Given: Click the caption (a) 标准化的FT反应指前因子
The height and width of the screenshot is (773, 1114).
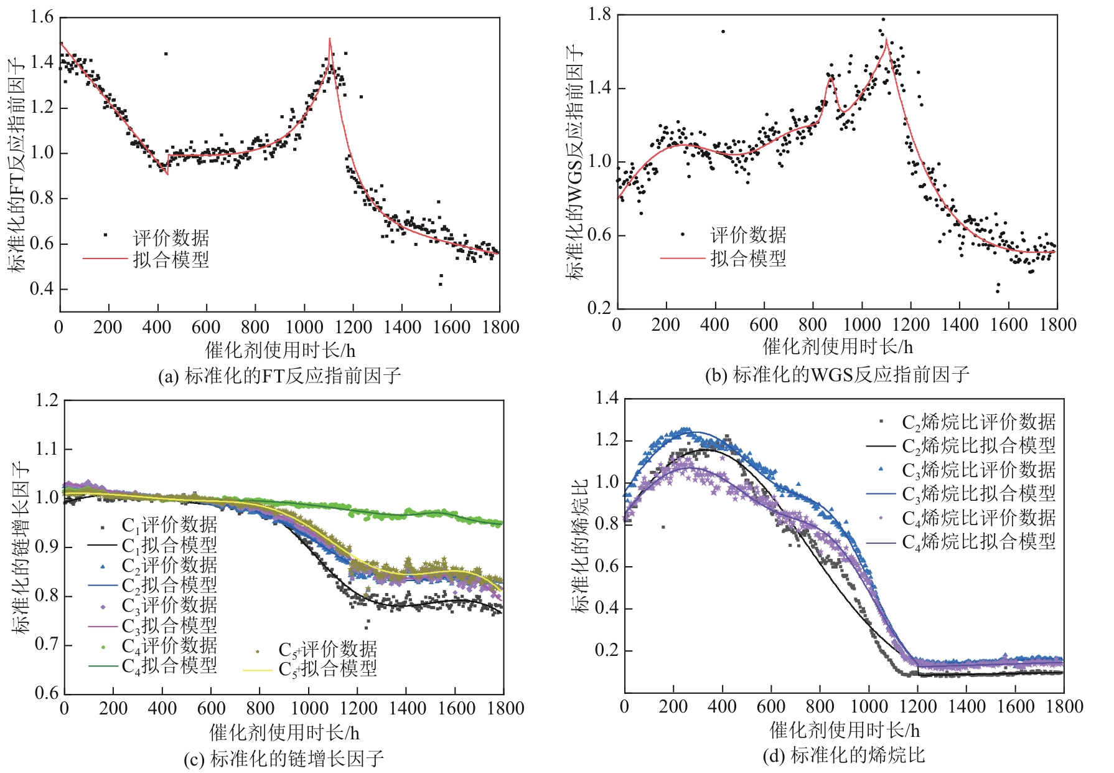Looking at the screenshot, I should tap(279, 376).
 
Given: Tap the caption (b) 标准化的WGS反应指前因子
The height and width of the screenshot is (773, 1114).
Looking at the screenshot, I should tap(837, 375).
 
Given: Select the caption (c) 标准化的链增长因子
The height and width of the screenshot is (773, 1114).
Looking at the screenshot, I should tap(284, 759).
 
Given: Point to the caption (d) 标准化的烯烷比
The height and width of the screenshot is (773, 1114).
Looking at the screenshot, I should tap(843, 756).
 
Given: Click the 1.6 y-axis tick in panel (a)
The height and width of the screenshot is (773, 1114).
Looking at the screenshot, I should tap(42, 17).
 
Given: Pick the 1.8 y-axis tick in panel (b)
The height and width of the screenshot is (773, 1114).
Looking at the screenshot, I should tap(600, 14).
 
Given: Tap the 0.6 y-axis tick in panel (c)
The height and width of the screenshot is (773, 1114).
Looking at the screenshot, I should tap(47, 693).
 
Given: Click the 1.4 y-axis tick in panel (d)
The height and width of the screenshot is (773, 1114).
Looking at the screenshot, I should tap(607, 398).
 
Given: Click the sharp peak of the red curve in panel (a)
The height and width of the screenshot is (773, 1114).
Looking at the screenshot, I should tap(330, 39).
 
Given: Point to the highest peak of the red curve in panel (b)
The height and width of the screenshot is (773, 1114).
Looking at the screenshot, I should tap(886, 40).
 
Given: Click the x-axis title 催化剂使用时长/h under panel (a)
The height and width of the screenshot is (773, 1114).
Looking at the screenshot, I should tap(280, 350).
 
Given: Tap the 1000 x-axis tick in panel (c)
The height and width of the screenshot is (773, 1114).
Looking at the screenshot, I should tap(309, 709).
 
